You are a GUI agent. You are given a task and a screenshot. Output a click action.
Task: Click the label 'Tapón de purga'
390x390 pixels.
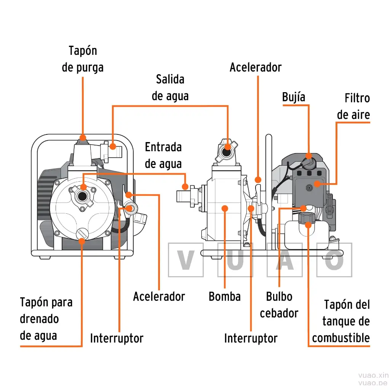click(x=83, y=59)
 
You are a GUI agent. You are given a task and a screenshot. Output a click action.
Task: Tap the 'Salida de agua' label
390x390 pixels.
click(x=170, y=88)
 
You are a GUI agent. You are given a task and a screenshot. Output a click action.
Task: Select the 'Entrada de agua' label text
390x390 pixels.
click(x=163, y=155)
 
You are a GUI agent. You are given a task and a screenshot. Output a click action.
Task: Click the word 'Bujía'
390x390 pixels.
click(x=294, y=97)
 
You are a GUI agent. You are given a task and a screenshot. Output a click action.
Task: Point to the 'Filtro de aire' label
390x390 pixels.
click(x=353, y=106)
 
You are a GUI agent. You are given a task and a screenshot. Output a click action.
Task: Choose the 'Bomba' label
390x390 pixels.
click(x=225, y=296)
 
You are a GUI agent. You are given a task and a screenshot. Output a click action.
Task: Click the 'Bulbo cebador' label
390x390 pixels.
click(x=279, y=305)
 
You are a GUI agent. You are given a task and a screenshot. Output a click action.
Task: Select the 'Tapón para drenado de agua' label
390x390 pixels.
click(x=46, y=319)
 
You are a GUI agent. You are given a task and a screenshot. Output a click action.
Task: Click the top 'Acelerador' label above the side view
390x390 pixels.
click(x=256, y=67)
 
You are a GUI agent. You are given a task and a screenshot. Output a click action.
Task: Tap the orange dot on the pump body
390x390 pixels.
click(x=225, y=208)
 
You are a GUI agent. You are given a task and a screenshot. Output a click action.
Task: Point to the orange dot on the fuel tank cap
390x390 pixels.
click(x=308, y=225)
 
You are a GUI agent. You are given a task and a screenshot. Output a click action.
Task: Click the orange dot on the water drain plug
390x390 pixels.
click(x=82, y=240)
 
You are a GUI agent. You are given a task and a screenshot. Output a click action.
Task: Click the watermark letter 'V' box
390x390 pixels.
click(x=186, y=260)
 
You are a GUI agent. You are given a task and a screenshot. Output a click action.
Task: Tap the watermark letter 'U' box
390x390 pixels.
click(x=235, y=260)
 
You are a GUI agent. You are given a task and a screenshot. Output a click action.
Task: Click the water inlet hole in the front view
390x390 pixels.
click(x=82, y=197)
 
